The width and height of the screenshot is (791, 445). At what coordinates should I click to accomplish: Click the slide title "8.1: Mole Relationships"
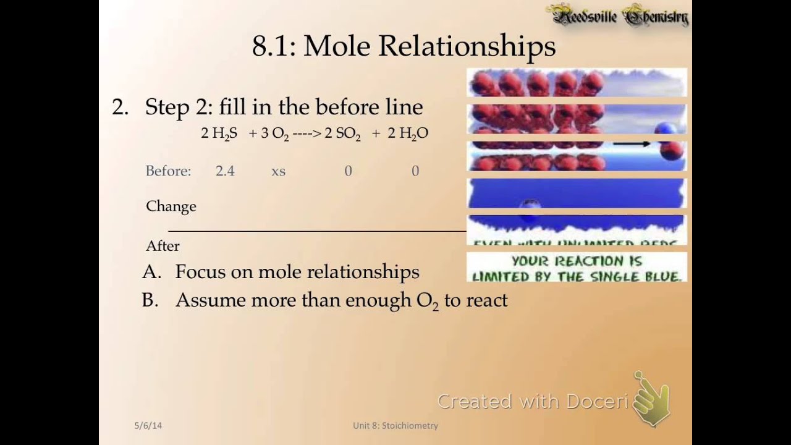point(404,46)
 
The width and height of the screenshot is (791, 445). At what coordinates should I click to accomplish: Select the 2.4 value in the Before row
point(225,171)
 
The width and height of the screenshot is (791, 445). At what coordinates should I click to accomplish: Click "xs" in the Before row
point(278,171)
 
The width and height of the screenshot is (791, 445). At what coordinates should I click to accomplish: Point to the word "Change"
point(171,206)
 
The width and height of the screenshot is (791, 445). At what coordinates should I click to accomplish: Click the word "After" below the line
point(163,246)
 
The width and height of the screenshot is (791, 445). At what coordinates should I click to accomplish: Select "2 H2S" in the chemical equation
point(219,133)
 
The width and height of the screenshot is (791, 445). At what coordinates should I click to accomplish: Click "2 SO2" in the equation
point(342,133)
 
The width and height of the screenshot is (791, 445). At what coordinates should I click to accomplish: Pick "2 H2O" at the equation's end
point(408,133)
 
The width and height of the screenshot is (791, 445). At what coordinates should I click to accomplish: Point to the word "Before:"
point(168,171)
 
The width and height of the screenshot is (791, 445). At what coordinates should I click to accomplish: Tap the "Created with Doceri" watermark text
point(533,402)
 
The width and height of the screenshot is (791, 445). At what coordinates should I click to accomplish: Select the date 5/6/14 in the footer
point(148,425)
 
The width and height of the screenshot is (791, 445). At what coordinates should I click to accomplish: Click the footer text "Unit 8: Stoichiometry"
point(395,425)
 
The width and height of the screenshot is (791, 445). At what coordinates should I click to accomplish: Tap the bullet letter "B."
point(151,300)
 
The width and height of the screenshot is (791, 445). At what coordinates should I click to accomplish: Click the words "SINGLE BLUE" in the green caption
point(640,276)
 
